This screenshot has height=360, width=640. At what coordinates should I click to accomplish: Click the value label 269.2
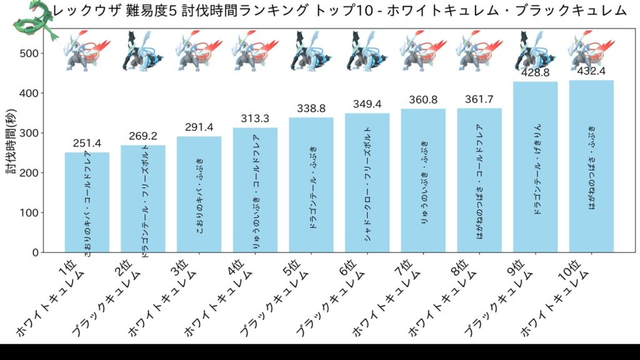(x=143, y=136)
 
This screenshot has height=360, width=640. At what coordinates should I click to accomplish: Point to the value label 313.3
(x=255, y=119)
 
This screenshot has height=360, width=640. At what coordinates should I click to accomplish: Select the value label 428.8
(x=535, y=72)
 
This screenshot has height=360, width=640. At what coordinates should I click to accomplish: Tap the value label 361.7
(x=479, y=99)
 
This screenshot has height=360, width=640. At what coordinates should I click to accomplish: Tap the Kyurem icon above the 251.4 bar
(x=87, y=52)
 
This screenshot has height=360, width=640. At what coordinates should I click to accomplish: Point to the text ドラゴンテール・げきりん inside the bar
(x=537, y=169)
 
